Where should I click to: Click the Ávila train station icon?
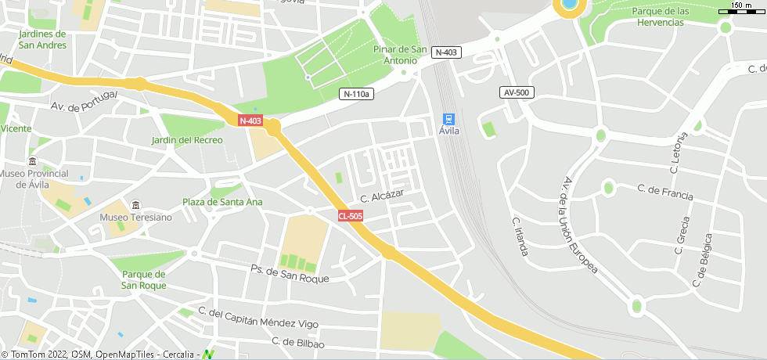(448, 119)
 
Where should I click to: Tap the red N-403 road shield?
(250, 121)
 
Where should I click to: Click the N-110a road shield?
(356, 94)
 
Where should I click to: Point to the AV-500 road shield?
(516, 92)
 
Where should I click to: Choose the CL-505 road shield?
(351, 215)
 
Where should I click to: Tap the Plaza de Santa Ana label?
(222, 202)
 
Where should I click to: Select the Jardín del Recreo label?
(187, 140)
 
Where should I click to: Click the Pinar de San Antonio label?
(400, 55)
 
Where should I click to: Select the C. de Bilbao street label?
(297, 342)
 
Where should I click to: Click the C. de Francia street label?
(665, 190)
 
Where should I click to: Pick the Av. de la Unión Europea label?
(579, 225)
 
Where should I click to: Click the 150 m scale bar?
(742, 10)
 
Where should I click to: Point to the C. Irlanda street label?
(520, 236)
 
